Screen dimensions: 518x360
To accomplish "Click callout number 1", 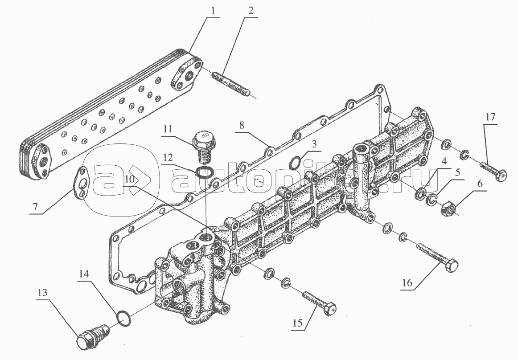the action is click(213, 10).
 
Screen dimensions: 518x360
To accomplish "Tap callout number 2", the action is click(251, 10).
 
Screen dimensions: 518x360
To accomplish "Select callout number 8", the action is click(242, 125).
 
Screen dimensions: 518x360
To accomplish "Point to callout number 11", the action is click(168, 128).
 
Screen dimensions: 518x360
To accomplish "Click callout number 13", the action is click(42, 293).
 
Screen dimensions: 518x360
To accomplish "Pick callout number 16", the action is click(407, 282).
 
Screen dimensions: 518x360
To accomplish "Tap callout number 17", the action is click(490, 117).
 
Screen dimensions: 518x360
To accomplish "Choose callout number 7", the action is click(35, 207).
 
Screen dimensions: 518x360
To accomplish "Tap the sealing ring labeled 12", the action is click(205, 173).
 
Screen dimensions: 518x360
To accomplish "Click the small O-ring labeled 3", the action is click(295, 162).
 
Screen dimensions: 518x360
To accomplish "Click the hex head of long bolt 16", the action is click(451, 266).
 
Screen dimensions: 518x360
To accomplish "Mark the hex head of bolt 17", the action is click(501, 174).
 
